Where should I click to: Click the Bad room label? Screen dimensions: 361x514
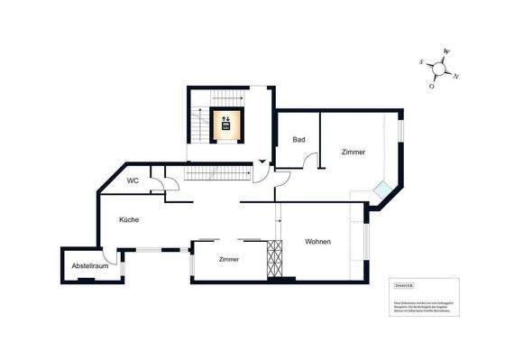click(298, 140)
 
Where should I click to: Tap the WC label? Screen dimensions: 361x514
click(133, 180)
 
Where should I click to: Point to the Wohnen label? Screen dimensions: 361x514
click(317, 241)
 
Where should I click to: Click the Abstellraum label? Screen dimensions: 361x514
click(90, 266)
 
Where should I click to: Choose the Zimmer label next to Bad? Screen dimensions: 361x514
click(353, 153)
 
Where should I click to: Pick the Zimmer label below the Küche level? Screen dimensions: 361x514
click(229, 259)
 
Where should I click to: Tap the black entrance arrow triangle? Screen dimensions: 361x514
click(262, 162)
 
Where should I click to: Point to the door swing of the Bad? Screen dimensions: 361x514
click(313, 162)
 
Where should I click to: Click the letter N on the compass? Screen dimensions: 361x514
click(456, 76)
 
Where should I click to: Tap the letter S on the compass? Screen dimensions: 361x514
click(421, 61)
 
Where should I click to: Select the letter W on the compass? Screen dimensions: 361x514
click(446, 52)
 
